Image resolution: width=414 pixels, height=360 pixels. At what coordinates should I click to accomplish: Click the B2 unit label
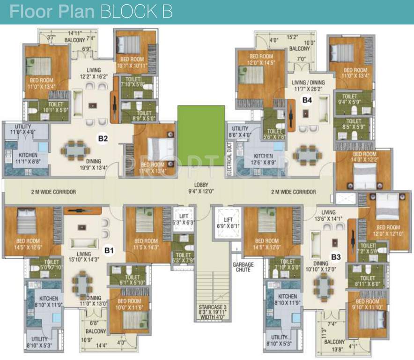point(103,138)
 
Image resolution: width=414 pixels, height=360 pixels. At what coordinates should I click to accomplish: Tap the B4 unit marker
point(307,99)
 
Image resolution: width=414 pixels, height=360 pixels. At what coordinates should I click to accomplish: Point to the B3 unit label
point(335,257)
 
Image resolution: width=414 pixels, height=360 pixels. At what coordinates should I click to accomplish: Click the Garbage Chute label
point(243,267)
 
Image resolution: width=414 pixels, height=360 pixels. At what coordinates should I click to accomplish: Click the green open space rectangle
point(200,129)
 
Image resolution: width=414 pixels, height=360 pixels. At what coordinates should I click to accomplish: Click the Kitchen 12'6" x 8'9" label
point(263,159)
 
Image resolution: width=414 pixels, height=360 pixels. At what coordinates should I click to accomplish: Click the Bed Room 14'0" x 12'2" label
point(364,157)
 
